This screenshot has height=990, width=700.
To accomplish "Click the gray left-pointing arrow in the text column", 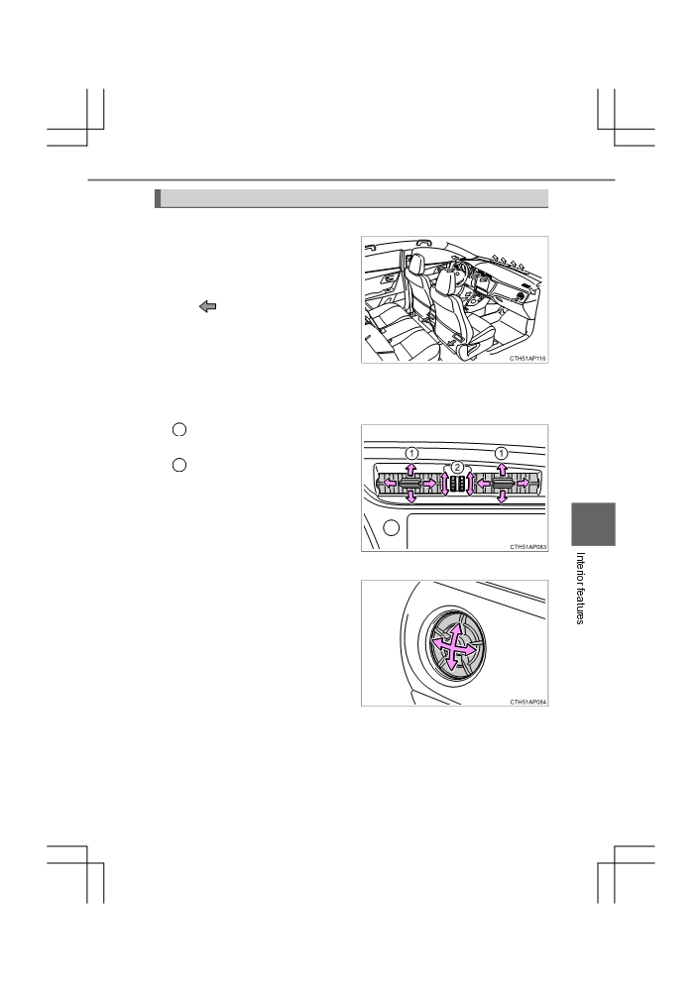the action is (208, 306).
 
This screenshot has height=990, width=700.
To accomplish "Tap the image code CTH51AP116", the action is (527, 358).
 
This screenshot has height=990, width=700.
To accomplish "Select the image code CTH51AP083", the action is (527, 547).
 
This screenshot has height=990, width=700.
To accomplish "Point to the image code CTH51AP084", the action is (527, 702).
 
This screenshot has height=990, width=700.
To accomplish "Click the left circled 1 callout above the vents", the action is (411, 453).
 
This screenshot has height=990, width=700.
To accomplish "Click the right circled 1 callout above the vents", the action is (501, 453).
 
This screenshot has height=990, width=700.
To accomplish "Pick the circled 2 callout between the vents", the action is (457, 467).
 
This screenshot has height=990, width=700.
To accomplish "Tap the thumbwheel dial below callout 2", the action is (457, 484).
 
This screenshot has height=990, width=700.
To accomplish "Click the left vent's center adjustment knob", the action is (411, 484).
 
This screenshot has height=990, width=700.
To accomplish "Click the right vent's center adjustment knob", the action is (503, 484).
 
